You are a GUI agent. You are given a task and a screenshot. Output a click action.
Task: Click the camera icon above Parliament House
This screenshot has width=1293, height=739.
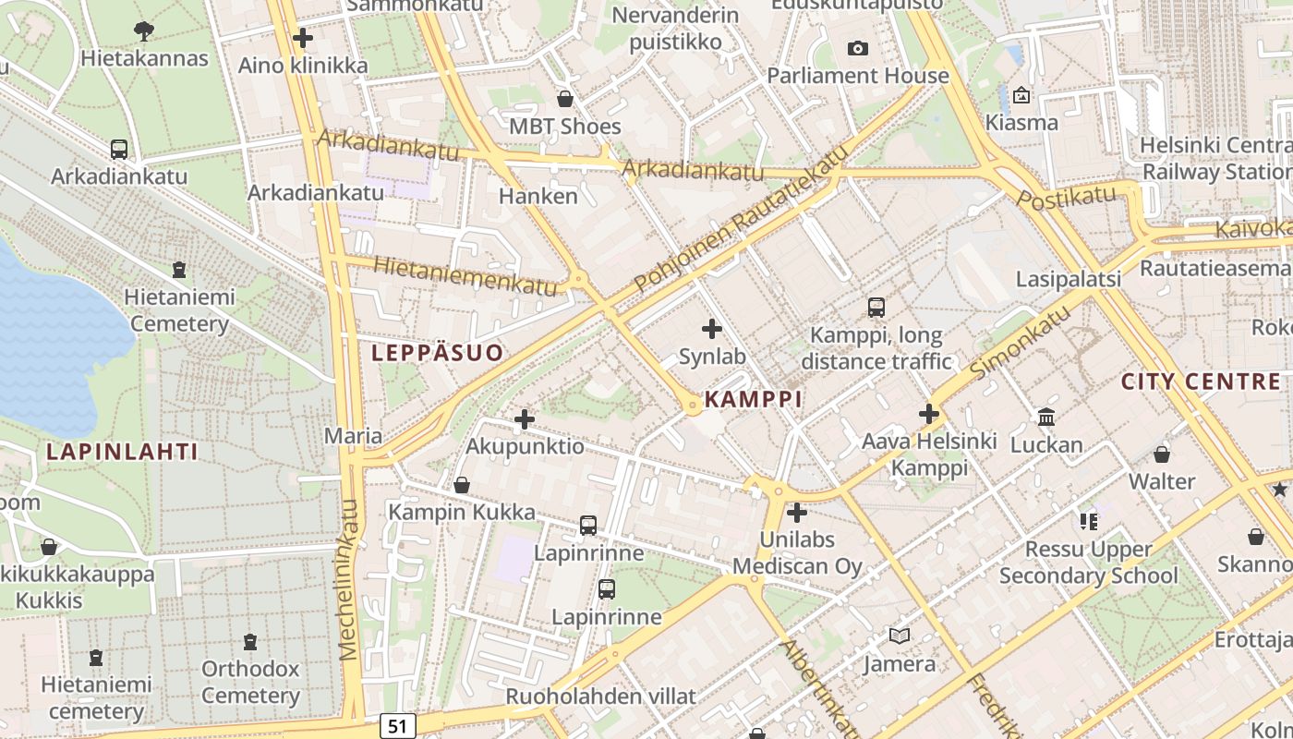click(857, 48)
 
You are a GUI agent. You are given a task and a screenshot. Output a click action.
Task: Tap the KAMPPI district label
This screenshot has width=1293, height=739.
click(753, 399)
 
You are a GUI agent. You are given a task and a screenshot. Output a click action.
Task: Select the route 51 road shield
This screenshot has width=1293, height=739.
click(396, 726)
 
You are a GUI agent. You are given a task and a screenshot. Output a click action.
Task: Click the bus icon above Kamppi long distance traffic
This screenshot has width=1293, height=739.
click(876, 307)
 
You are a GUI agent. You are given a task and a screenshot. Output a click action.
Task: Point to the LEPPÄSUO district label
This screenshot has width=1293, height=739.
click(438, 352)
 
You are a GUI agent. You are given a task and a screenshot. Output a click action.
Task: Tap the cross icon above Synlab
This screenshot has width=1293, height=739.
click(712, 328)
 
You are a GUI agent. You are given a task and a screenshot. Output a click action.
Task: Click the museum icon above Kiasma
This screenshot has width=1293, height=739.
click(1021, 94)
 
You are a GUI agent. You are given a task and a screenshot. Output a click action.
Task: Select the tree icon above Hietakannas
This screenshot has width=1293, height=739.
click(143, 30)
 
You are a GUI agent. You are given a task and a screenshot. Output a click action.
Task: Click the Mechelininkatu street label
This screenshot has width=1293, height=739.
click(348, 580)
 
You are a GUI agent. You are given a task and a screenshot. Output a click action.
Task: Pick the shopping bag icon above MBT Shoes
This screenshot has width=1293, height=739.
click(565, 98)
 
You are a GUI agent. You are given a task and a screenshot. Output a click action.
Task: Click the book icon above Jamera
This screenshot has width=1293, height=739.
click(899, 636)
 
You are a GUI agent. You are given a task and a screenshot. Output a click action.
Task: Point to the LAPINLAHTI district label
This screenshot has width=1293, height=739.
click(122, 452)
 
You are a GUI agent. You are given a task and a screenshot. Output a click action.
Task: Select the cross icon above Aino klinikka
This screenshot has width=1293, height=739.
click(302, 38)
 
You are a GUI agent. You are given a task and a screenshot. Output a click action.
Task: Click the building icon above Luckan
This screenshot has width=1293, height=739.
click(1046, 417)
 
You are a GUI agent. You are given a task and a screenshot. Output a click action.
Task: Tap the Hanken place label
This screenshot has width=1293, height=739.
click(538, 196)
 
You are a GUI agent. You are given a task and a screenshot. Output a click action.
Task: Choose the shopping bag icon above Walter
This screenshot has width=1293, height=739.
click(1162, 454)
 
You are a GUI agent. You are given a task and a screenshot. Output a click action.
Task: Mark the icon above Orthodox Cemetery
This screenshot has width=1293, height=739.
click(249, 640)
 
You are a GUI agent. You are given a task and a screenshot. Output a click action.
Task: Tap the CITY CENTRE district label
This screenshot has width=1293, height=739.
click(1201, 382)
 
